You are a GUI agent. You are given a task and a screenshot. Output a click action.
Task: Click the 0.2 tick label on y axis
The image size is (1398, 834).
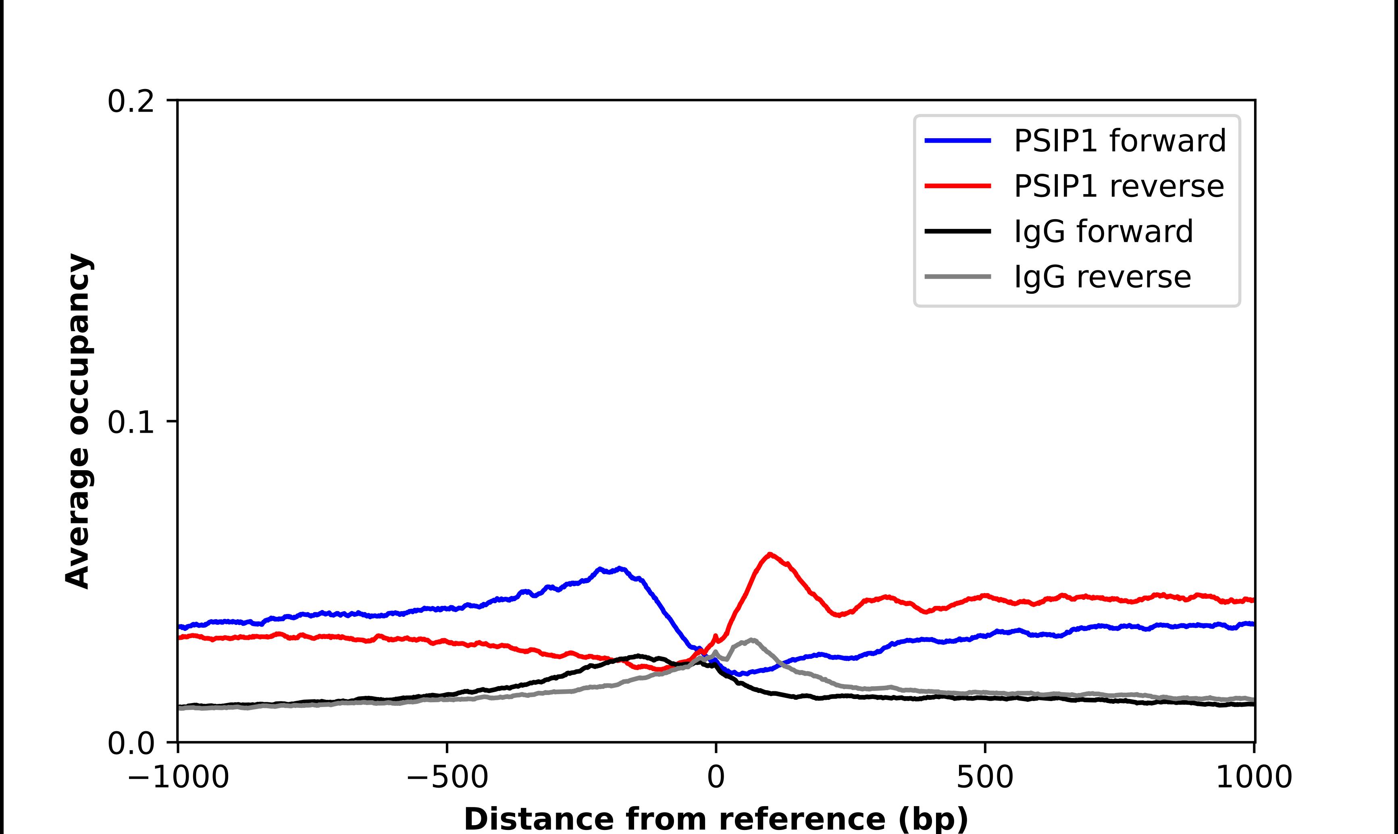(131, 102)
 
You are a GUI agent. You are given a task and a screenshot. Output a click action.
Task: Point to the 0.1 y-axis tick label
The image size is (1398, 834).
(131, 423)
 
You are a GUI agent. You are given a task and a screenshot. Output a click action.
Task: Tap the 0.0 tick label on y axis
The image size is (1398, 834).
(131, 743)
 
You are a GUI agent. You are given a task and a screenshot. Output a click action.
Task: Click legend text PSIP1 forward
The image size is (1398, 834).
(1119, 141)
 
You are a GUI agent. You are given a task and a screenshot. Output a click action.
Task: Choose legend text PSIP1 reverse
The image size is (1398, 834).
(1119, 186)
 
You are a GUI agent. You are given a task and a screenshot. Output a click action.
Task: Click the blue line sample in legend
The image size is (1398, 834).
(957, 141)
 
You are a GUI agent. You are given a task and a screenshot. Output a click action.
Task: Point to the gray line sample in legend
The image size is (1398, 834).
(957, 276)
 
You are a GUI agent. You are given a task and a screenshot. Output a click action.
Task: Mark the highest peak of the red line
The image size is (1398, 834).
(770, 554)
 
